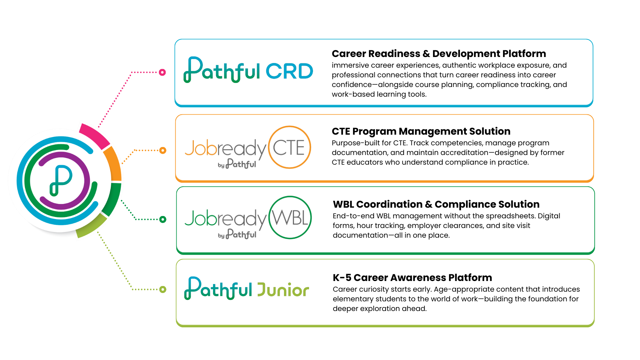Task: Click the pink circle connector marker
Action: [x=162, y=72]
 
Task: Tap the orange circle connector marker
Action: [x=163, y=150]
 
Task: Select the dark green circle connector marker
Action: [x=163, y=219]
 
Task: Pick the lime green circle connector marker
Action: [x=163, y=289]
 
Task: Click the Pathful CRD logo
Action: [x=248, y=70]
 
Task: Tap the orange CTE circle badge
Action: [x=289, y=147]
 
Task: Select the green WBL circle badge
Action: [x=290, y=218]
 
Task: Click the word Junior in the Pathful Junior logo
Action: [x=283, y=290]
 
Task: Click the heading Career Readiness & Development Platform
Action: [x=439, y=54]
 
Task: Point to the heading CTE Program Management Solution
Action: [x=421, y=131]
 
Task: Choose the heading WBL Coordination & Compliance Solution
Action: [x=436, y=204]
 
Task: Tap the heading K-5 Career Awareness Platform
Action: [x=412, y=278]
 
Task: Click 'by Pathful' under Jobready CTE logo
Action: [x=237, y=164]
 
